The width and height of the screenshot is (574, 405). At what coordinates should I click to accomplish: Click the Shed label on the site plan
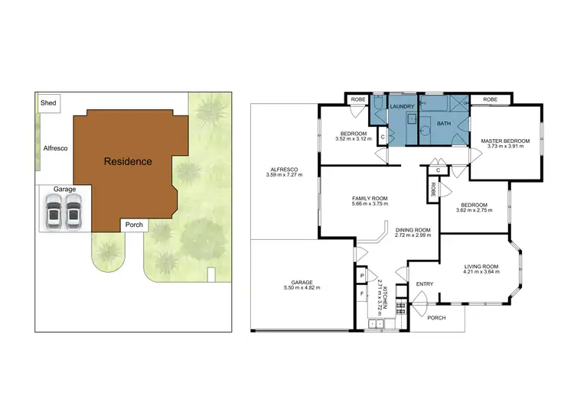pyautogui.click(x=49, y=103)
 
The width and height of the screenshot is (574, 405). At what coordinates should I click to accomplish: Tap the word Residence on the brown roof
pyautogui.click(x=128, y=161)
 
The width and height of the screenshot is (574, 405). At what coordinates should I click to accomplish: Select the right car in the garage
pyautogui.click(x=72, y=212)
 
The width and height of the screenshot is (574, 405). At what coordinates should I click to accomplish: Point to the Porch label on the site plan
pyautogui.click(x=133, y=225)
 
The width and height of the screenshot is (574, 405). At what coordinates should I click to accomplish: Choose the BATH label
pyautogui.click(x=444, y=123)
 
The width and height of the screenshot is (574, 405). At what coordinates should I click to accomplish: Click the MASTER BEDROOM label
pyautogui.click(x=505, y=141)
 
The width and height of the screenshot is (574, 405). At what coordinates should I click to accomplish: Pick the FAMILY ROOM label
pyautogui.click(x=370, y=199)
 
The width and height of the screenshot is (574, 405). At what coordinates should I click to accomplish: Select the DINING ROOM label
pyautogui.click(x=413, y=230)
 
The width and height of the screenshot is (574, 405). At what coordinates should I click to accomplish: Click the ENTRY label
pyautogui.click(x=424, y=284)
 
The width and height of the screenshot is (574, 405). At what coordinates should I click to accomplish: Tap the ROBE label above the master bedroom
pyautogui.click(x=491, y=99)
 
